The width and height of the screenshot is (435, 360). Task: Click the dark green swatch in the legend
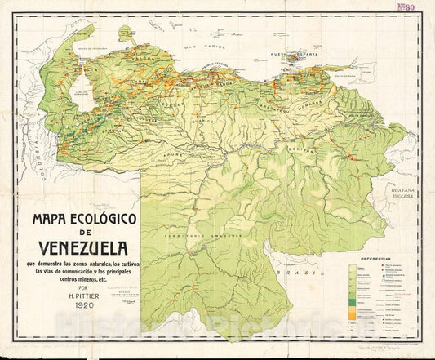point(353,300)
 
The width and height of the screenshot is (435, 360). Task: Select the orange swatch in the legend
point(353,313)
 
